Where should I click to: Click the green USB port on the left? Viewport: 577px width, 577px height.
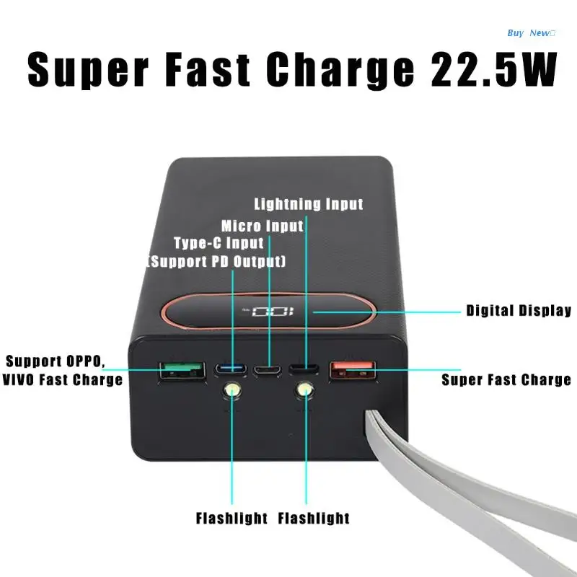180,371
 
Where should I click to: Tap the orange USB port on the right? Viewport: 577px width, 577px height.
352,371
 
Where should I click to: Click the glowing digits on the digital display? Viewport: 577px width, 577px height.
266,312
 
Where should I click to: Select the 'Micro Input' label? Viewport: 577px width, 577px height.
263,226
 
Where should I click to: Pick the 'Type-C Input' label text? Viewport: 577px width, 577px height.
219,243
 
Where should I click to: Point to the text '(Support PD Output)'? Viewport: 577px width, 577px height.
216,260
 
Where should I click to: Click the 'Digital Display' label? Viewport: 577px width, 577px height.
519,311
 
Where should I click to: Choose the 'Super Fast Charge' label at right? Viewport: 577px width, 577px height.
506,379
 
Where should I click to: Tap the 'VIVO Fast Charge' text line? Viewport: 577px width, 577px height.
63,379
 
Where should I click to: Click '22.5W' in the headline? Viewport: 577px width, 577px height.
492,69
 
